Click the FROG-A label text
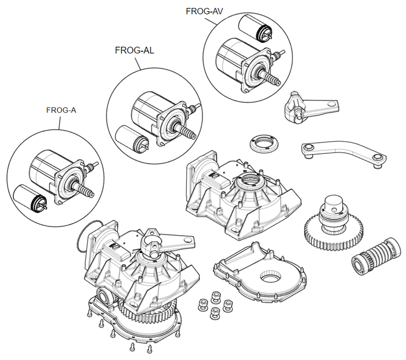[x=61, y=110]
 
